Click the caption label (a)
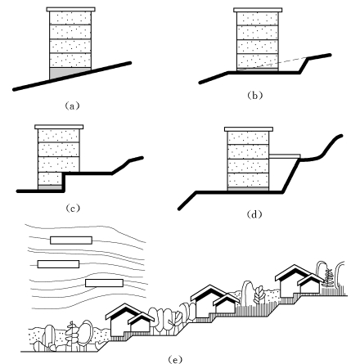(x=72, y=106)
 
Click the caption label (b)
(x=254, y=96)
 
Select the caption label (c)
(x=73, y=209)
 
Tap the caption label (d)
(x=254, y=214)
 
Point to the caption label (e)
(x=175, y=359)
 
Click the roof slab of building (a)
(x=71, y=10)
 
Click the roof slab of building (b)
(x=258, y=10)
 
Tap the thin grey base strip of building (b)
(x=258, y=70)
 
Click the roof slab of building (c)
(x=59, y=127)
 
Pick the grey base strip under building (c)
(x=50, y=187)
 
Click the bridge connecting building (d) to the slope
(x=285, y=156)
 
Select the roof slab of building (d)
(x=249, y=129)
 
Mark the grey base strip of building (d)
(x=248, y=189)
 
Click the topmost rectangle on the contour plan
(x=71, y=240)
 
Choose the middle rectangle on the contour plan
(x=58, y=264)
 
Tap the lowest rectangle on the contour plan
(x=104, y=283)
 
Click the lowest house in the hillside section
(x=130, y=321)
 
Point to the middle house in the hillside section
(x=215, y=302)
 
